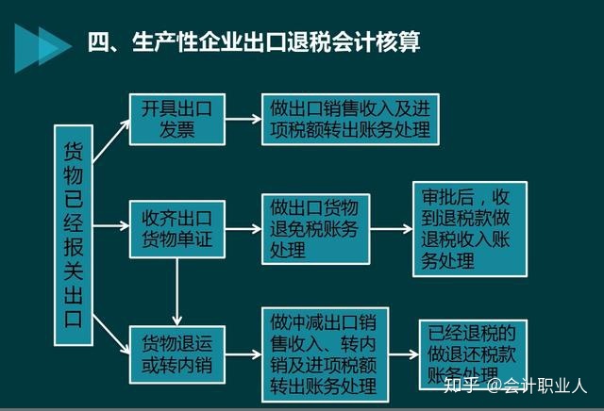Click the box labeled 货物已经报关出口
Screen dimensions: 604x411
tap(74, 235)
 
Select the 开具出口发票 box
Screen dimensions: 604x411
tap(177, 120)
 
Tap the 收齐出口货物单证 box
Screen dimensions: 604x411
tap(177, 229)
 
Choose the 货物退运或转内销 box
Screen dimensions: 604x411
tap(177, 354)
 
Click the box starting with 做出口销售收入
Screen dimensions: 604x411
tap(350, 120)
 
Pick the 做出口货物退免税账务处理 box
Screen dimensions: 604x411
tap(316, 229)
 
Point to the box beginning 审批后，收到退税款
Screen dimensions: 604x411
tap(470, 229)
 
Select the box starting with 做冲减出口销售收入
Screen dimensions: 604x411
tap(325, 354)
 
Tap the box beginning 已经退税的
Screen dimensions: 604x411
tap(473, 354)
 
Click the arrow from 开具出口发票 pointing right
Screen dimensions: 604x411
tap(243, 120)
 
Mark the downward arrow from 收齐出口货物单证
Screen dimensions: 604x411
tap(177, 291)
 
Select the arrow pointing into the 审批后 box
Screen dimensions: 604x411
tap(392, 229)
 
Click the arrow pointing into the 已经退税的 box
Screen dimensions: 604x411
tap(404, 354)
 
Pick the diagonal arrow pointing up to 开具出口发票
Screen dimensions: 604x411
tap(111, 140)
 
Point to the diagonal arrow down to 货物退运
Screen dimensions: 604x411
tap(111, 334)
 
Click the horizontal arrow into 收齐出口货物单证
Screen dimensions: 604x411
tap(111, 226)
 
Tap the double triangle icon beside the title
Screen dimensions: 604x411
tap(43, 48)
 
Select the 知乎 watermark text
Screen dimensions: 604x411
tap(461, 385)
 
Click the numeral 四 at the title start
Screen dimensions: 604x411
tap(98, 41)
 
